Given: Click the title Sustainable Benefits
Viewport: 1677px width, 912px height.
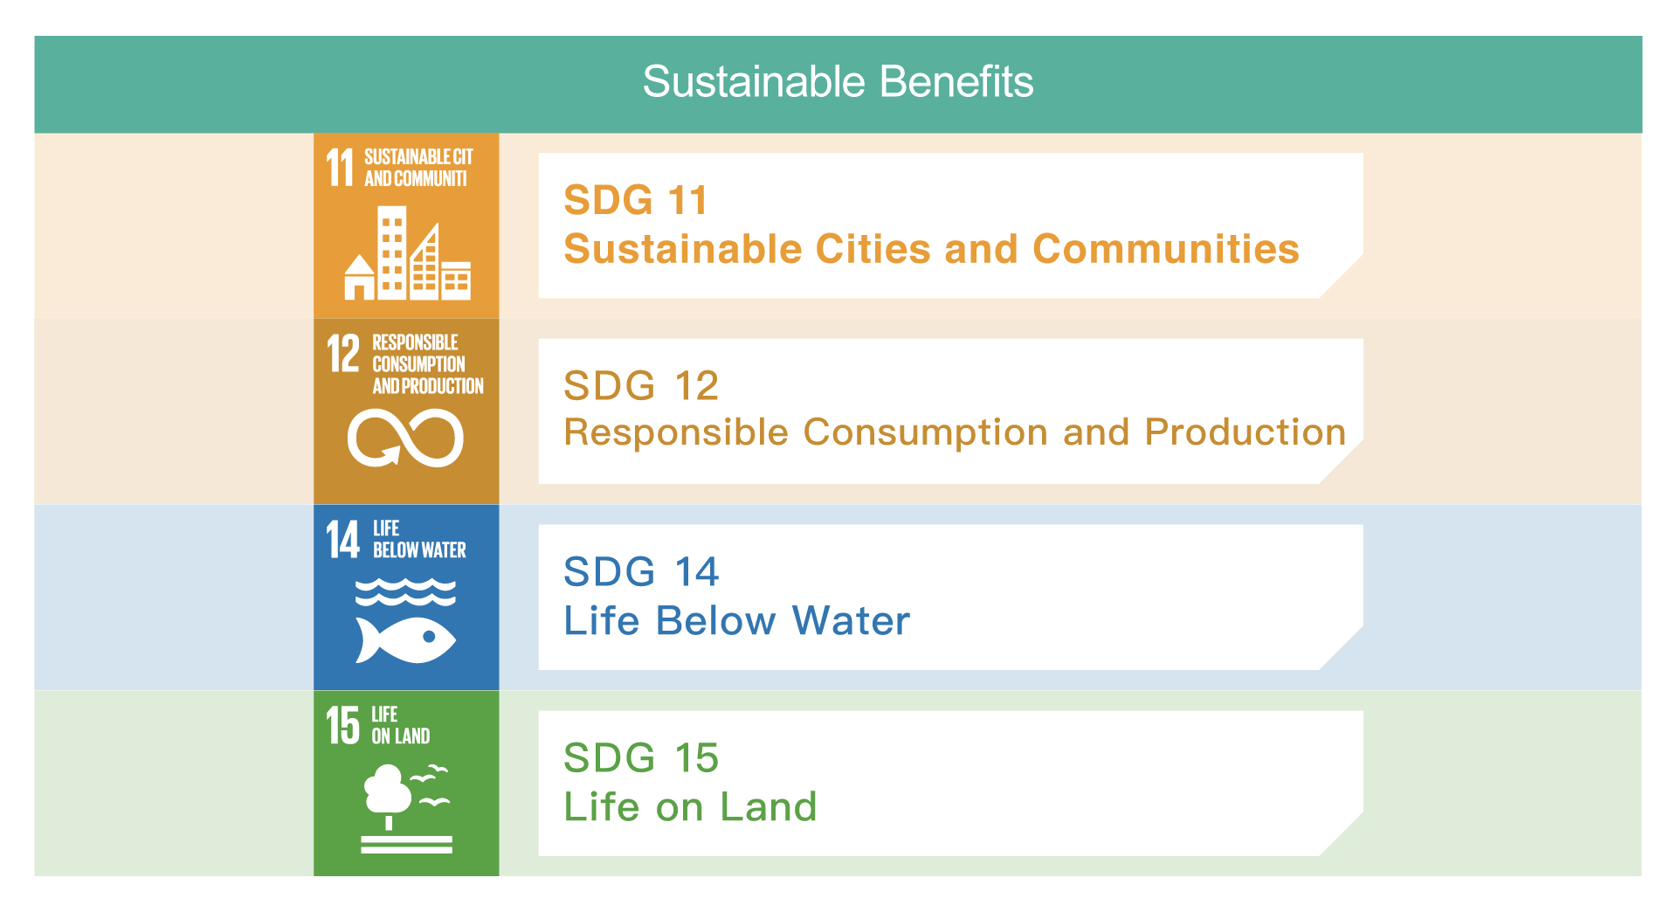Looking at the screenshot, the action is click(x=838, y=82).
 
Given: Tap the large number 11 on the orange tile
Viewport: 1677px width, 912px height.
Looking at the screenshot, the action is click(x=340, y=168).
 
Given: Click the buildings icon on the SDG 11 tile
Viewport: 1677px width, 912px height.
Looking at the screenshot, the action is click(x=407, y=253).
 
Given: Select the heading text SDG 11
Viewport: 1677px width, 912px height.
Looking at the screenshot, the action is click(x=635, y=200).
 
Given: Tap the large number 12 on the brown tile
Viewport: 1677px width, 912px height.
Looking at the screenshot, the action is click(x=343, y=353).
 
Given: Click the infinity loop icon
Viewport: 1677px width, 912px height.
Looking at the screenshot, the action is click(x=405, y=439).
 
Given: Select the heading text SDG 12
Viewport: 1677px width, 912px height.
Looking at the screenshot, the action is click(x=641, y=386).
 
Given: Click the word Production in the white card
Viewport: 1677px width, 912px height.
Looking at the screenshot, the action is click(x=1246, y=432).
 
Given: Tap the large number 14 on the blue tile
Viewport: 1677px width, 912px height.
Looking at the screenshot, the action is click(x=343, y=539).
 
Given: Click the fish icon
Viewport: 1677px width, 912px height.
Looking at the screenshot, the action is click(x=405, y=640).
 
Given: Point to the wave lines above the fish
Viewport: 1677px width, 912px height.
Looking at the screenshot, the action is click(x=405, y=592).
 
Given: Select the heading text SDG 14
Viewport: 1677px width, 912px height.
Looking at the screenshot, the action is click(x=641, y=572).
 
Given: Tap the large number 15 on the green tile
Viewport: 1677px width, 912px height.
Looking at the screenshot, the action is click(x=343, y=725).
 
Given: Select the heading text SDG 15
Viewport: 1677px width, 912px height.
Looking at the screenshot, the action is click(x=641, y=758).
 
